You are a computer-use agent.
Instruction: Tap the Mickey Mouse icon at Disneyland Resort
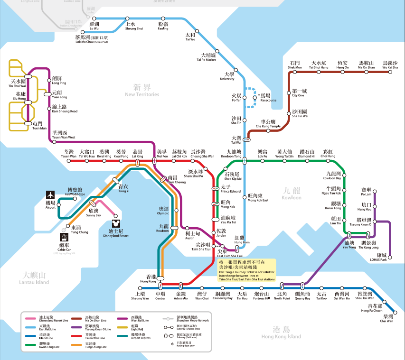pos(115,223)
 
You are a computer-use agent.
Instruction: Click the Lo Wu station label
pos(94,26)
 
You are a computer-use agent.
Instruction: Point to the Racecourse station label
pos(268,98)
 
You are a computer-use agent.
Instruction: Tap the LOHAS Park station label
pos(380,257)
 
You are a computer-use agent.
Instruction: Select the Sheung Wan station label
pos(140,296)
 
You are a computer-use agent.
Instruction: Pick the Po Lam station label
pos(366,192)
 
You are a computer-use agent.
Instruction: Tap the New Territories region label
pos(142,91)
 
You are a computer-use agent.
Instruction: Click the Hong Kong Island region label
pos(281,332)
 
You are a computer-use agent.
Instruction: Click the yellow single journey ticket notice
pos(247,270)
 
